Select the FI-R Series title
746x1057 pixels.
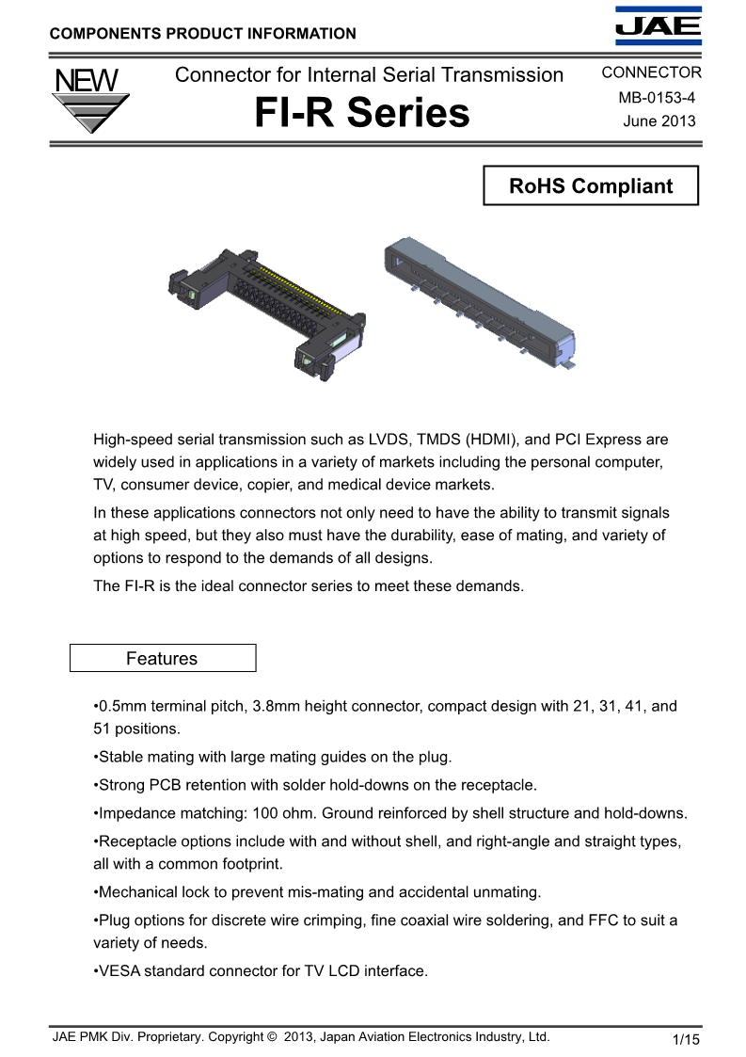[362, 114]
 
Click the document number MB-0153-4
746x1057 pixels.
[659, 98]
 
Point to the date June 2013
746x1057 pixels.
[659, 120]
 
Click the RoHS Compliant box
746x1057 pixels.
[591, 185]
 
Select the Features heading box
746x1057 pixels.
[163, 658]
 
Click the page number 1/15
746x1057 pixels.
[687, 1039]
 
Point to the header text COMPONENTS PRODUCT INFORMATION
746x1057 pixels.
[202, 34]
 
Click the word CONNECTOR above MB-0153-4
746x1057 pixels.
[651, 72]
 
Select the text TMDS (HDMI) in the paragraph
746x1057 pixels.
[465, 440]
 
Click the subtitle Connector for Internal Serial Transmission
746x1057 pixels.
[370, 74]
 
